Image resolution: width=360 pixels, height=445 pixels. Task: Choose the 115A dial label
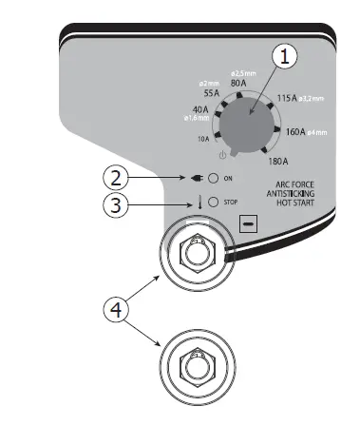(284, 99)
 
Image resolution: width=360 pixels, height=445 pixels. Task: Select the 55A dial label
(211, 94)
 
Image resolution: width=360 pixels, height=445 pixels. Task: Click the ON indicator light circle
(214, 178)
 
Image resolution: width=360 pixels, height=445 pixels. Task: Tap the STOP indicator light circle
(214, 202)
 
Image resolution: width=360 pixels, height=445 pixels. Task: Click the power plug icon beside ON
(196, 178)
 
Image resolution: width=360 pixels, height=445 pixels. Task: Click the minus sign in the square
(248, 224)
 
